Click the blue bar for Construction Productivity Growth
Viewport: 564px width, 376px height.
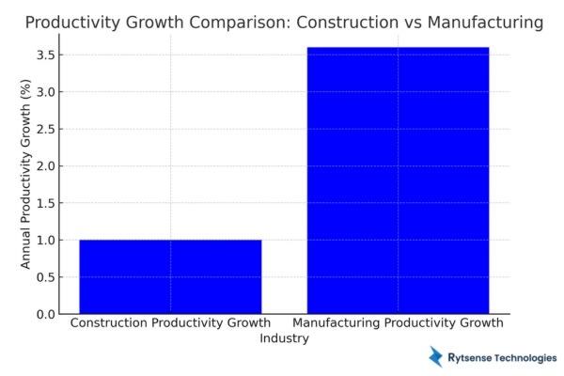170,276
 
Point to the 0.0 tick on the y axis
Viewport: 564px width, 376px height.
45,314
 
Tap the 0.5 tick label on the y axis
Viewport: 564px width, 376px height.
45,277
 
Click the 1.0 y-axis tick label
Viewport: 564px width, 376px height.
45,241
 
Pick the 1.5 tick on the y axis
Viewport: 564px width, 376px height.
45,203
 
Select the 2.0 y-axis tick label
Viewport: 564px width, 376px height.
45,166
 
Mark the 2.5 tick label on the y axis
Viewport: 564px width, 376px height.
45,129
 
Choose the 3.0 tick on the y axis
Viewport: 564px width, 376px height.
45,92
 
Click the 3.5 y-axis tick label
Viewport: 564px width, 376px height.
45,55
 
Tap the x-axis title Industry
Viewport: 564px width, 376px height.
284,338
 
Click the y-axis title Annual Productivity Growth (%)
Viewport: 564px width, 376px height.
26,174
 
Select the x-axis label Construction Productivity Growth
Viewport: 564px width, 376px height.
170,323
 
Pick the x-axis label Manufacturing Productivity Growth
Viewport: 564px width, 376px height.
398,323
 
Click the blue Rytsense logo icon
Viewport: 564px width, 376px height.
437,356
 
